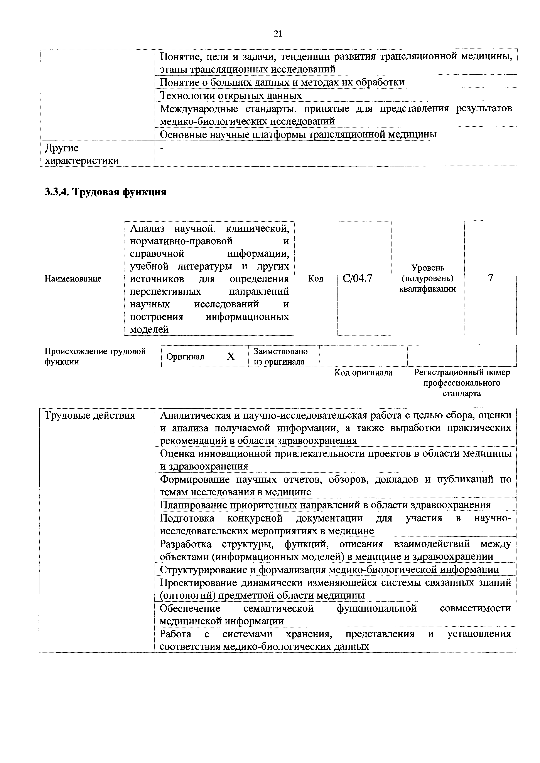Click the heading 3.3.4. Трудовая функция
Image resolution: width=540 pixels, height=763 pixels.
coord(105,192)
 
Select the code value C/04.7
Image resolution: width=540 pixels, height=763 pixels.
coord(358,278)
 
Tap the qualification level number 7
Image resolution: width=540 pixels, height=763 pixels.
coord(490,278)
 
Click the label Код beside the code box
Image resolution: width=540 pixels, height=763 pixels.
coord(316,278)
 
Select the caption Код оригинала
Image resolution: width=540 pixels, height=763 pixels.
coord(363,372)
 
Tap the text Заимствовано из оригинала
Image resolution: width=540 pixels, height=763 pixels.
coord(280,356)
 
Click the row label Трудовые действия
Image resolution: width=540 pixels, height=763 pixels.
coord(90,415)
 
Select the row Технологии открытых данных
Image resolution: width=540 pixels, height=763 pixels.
coord(231,96)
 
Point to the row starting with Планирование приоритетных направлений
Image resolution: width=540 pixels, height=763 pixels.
coord(325,505)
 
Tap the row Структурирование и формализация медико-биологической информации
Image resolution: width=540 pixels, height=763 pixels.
coord(329,570)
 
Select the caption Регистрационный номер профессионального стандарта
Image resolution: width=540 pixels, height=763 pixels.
coord(462,383)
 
